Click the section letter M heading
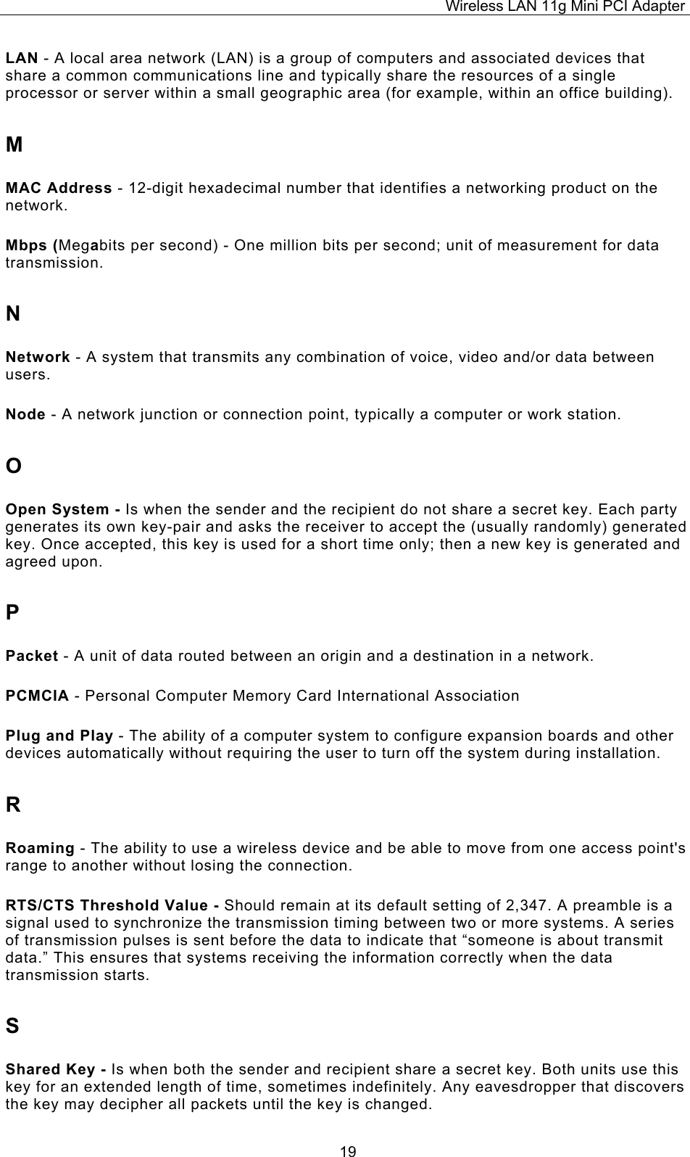point(14,145)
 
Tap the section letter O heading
point(14,465)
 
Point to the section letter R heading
point(13,805)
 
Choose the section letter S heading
point(12,1026)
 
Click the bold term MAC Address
point(58,189)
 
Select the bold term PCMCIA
point(37,696)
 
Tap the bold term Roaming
point(40,848)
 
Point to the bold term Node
point(26,415)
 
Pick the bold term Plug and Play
point(59,736)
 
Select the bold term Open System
point(58,509)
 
